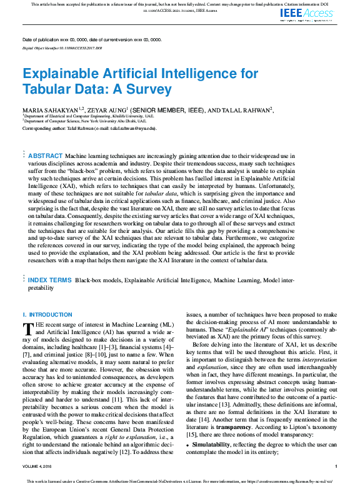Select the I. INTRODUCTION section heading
pyautogui.click(x=47, y=314)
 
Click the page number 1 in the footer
pyautogui.click(x=336, y=466)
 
